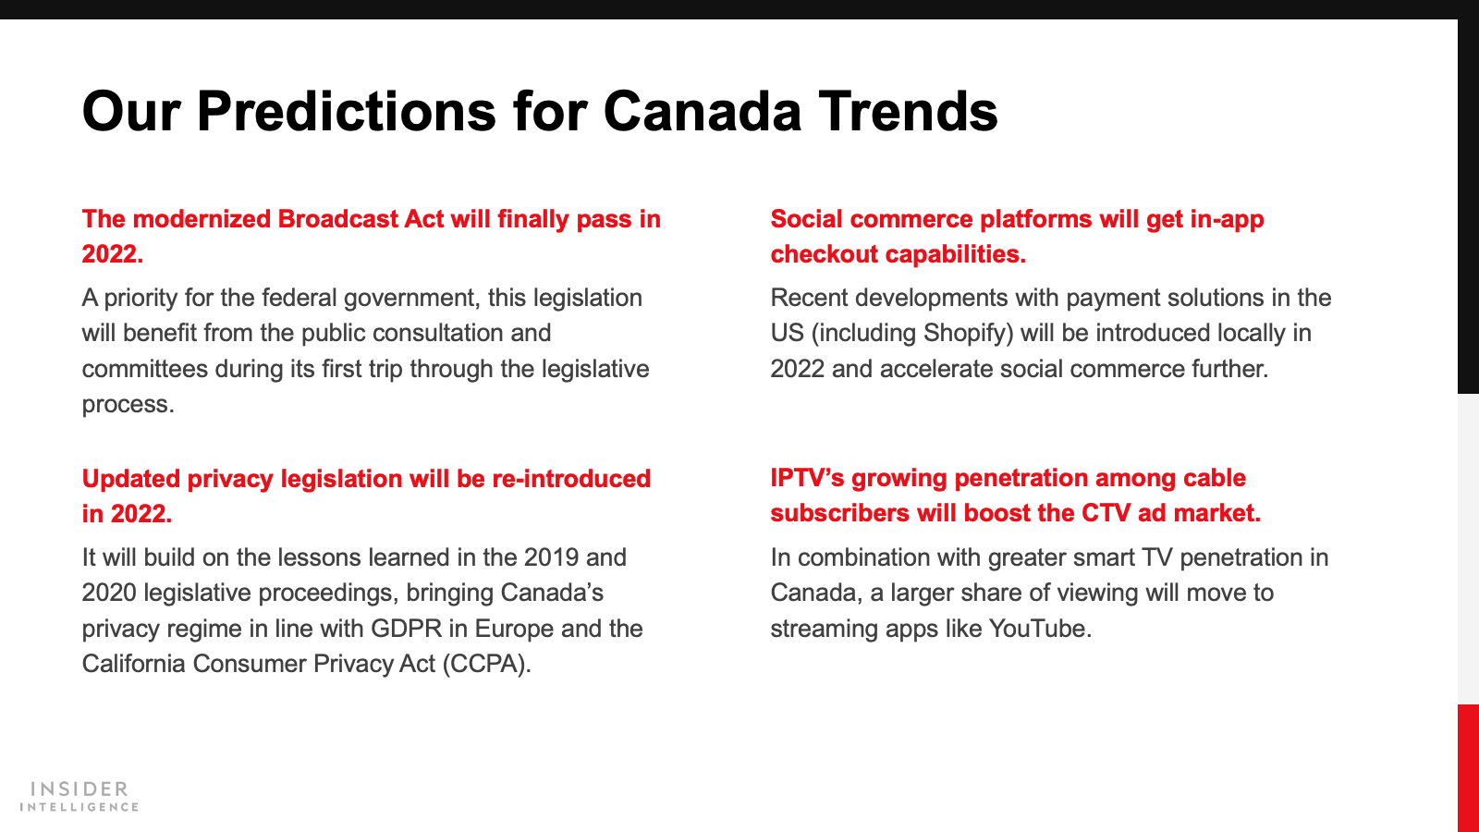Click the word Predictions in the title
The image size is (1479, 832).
[347, 111]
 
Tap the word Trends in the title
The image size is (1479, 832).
[908, 111]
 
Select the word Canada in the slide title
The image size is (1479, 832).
[702, 111]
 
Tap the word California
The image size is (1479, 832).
[133, 664]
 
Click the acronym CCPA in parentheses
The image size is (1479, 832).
[486, 665]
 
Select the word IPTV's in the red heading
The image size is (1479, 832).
[807, 478]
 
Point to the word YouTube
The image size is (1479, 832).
[1040, 629]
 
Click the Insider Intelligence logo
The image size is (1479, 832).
[79, 796]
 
